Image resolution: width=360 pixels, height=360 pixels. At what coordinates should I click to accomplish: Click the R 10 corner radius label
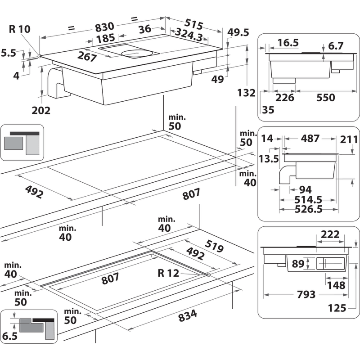[19, 29]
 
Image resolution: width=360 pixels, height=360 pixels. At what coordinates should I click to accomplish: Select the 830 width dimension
[104, 27]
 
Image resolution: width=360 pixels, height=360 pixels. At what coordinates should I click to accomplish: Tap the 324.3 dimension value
[189, 35]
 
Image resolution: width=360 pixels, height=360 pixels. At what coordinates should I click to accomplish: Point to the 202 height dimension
[41, 110]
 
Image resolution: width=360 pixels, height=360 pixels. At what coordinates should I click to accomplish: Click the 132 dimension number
[246, 93]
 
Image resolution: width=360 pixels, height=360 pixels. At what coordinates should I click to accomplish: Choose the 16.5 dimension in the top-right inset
[288, 43]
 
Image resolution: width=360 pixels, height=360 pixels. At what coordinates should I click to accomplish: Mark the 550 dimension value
[325, 98]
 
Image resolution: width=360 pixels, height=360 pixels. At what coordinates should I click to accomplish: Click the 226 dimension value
[285, 98]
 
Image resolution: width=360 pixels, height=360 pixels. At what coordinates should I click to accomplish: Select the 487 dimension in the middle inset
[310, 139]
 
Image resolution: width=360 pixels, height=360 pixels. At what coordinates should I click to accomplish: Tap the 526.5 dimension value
[308, 209]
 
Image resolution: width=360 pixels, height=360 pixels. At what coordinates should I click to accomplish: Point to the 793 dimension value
[306, 294]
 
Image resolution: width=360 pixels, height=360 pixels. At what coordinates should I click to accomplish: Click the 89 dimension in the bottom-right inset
[298, 264]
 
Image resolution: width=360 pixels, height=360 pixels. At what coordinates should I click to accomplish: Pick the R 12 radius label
[168, 273]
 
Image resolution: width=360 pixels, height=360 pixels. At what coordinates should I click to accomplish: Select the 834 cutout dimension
[188, 316]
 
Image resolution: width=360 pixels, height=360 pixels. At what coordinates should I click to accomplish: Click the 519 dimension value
[214, 246]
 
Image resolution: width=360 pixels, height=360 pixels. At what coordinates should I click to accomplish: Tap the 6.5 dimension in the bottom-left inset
[10, 336]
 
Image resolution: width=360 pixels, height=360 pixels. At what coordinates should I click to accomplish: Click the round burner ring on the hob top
[136, 54]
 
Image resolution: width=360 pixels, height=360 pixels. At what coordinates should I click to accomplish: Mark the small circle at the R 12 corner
[208, 275]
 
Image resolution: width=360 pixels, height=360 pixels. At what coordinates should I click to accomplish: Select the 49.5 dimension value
[238, 32]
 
